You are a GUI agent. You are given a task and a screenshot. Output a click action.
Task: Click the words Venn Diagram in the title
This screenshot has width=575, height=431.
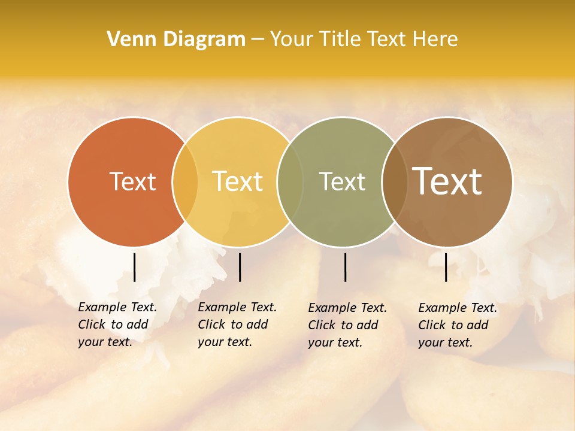176,40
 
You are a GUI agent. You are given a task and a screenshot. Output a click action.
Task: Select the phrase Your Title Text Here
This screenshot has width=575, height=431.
364,40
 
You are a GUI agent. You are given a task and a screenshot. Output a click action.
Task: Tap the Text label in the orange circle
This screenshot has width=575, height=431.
132,181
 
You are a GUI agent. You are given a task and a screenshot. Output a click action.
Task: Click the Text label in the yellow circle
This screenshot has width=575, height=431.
237,181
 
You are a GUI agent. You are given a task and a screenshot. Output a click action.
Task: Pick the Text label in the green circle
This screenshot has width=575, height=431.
342,181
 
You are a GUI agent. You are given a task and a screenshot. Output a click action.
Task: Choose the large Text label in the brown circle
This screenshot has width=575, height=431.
447,181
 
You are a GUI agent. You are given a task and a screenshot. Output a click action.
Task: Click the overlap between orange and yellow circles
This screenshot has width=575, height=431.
185,182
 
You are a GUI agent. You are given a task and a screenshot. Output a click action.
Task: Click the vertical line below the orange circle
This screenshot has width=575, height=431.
135,267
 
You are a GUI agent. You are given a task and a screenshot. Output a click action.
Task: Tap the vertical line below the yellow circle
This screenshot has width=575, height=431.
240,267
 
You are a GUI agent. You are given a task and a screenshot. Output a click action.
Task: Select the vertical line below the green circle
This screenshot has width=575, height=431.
346,267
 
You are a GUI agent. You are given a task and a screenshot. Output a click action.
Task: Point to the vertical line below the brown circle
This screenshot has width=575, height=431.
446,267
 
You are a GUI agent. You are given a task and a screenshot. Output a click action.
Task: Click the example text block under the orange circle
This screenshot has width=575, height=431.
117,324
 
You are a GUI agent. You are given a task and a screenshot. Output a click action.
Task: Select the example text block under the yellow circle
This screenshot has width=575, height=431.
237,324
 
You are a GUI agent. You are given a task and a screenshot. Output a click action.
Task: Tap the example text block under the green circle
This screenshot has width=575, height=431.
347,325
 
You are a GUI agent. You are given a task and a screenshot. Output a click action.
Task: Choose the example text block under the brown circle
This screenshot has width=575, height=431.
457,325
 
